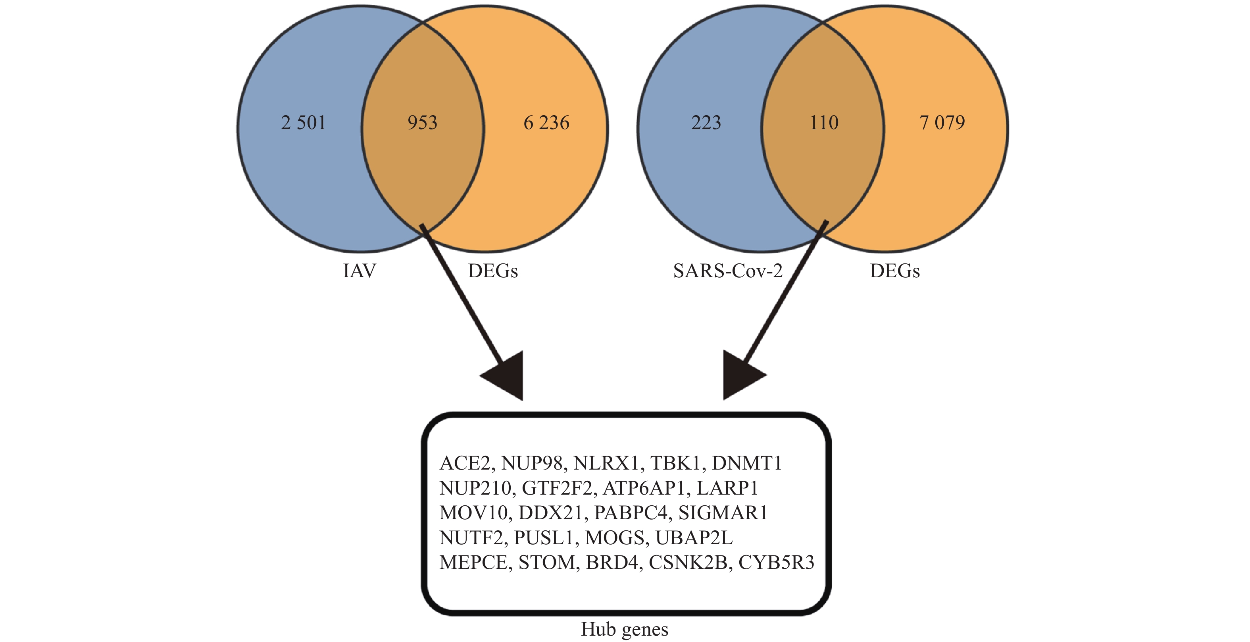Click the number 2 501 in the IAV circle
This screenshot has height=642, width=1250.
(303, 122)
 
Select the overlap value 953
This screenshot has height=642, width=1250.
(422, 122)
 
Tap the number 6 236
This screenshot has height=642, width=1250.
(546, 122)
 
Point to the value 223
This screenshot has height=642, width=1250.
(706, 122)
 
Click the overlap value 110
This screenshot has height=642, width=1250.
(824, 122)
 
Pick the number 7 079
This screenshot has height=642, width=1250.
(942, 122)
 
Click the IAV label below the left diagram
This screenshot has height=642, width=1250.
(359, 271)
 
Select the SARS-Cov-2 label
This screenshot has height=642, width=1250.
(728, 271)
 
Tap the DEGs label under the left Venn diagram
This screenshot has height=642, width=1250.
(492, 271)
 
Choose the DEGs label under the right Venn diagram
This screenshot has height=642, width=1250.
(894, 271)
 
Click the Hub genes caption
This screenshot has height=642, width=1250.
(625, 629)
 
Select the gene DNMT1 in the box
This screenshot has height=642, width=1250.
(747, 463)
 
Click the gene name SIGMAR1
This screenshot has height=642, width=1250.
(723, 513)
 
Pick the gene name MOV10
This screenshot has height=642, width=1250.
(473, 513)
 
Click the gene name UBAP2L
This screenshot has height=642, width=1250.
(694, 538)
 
